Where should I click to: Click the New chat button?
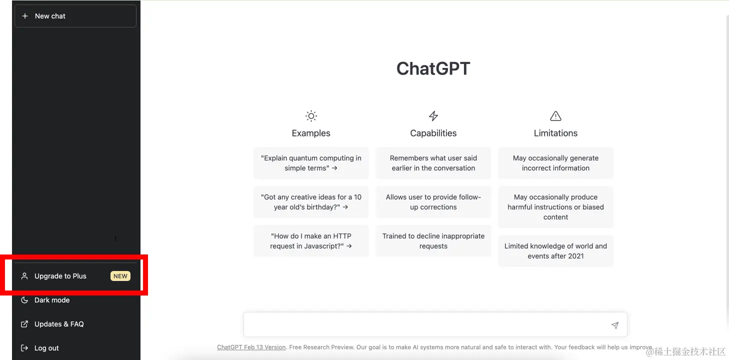75,16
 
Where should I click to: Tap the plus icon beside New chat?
25,16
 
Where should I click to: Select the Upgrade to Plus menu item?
60,276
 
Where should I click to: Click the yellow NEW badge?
120,276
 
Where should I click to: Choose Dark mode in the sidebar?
52,300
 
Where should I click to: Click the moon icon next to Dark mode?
24,300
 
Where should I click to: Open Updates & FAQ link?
58,324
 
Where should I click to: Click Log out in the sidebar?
46,348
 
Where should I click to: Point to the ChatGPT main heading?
433,68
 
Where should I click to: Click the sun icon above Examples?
311,116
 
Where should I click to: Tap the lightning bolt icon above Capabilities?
433,116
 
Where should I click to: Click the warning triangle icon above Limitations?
555,116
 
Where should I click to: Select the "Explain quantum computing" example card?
311,163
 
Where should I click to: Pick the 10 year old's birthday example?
311,202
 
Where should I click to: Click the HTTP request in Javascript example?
311,241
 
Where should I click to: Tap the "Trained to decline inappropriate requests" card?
433,241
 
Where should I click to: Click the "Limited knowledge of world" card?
555,251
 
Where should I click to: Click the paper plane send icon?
614,325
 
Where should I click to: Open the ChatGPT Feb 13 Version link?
251,347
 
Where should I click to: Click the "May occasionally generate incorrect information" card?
555,163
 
